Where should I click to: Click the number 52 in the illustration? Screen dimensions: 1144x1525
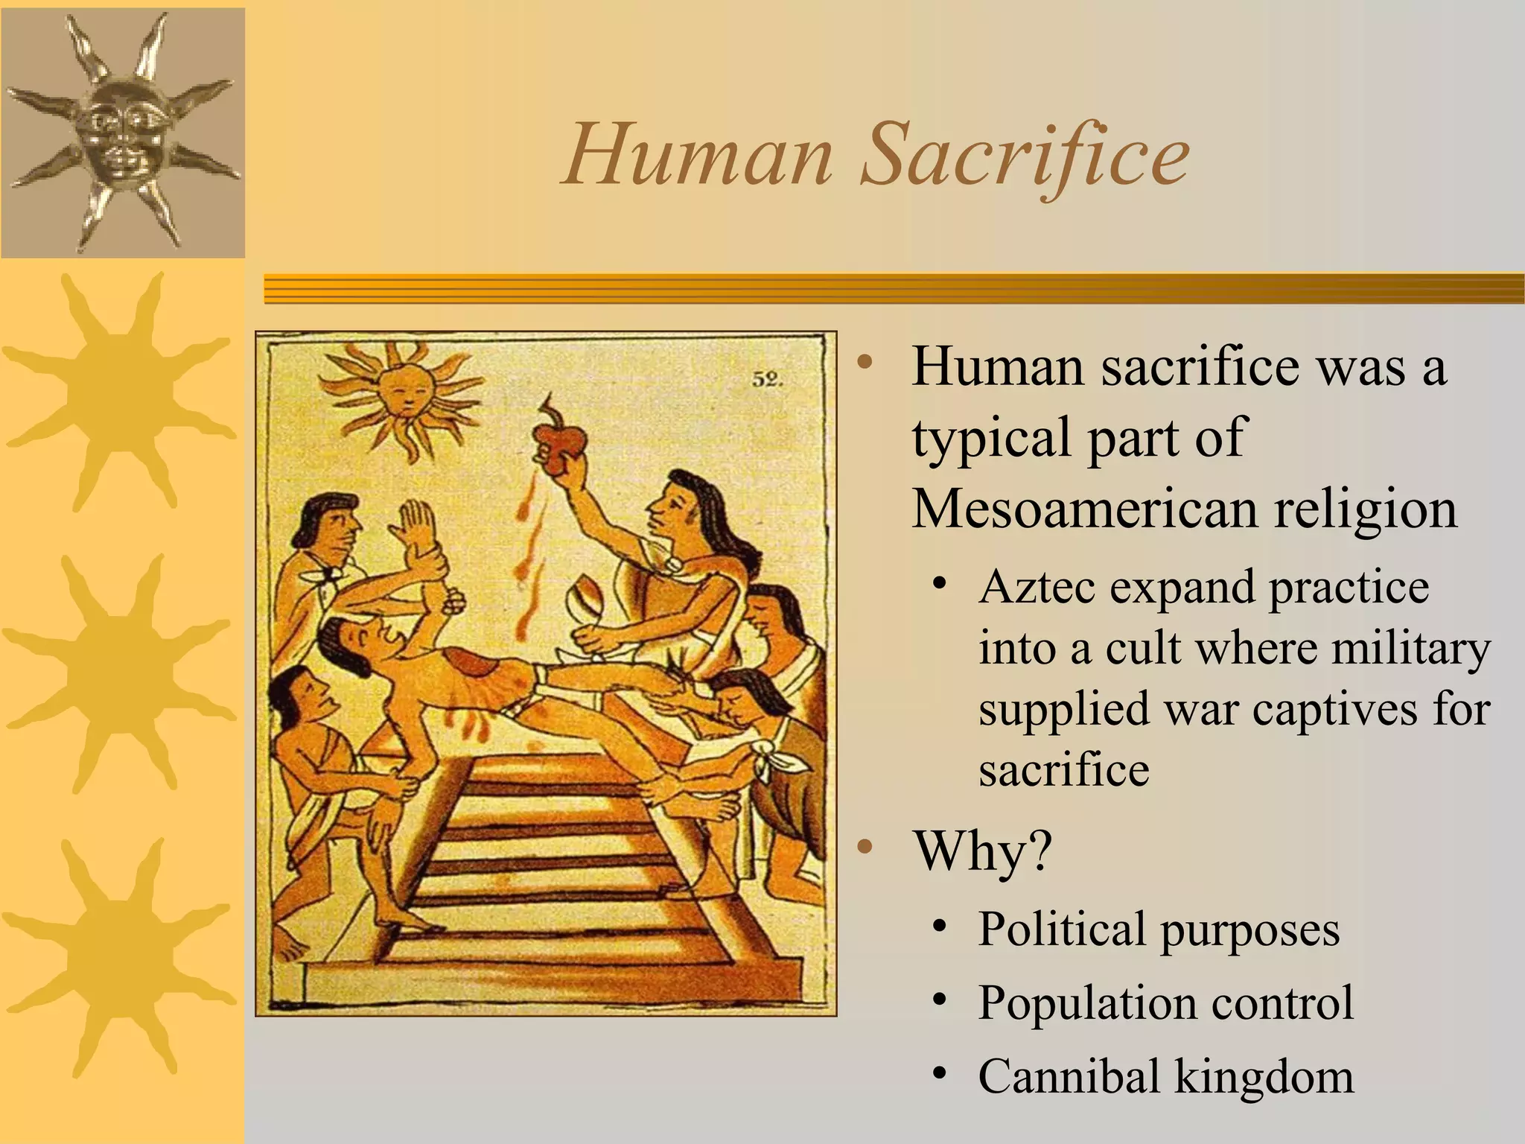tap(767, 380)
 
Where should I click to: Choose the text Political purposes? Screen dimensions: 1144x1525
tap(1159, 929)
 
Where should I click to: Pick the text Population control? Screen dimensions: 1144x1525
tap(1165, 1002)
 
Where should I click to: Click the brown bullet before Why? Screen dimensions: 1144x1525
tap(864, 847)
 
